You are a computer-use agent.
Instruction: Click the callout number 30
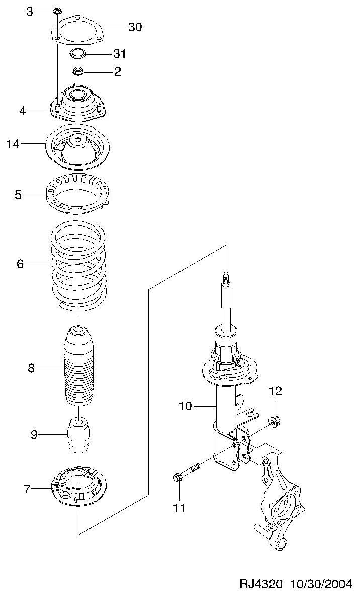click(135, 27)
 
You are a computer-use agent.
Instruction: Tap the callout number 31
click(119, 53)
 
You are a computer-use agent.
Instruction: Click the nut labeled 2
click(78, 71)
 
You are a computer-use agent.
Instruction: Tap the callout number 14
click(13, 145)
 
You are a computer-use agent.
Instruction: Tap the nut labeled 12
click(275, 421)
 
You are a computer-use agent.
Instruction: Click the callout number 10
click(185, 406)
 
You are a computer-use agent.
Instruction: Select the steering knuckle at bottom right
click(280, 503)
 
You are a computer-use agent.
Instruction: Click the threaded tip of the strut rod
click(226, 277)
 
